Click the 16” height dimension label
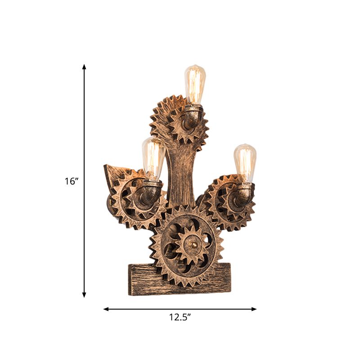[71, 181]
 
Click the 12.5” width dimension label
[180, 317]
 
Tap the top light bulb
[195, 85]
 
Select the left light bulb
[154, 158]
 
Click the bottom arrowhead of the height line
[84, 294]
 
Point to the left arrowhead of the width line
[106, 309]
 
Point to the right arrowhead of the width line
[254, 309]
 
